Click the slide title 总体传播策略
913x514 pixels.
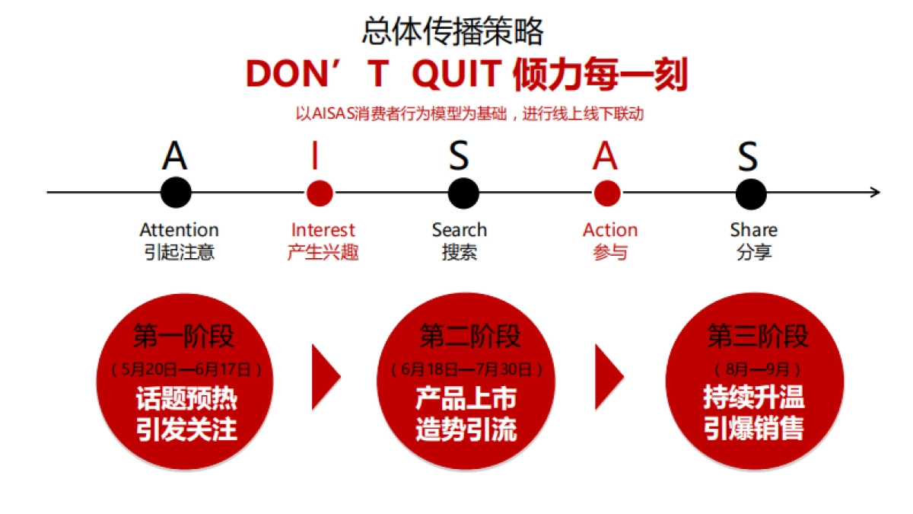click(x=453, y=32)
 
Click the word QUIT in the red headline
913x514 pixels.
click(x=455, y=75)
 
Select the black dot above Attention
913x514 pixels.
click(x=176, y=192)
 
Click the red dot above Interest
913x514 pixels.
click(x=320, y=193)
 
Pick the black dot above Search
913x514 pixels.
click(x=463, y=193)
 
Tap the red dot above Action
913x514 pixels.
click(x=606, y=193)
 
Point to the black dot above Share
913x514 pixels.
click(x=750, y=193)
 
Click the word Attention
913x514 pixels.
click(x=180, y=230)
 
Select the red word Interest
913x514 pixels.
click(x=323, y=230)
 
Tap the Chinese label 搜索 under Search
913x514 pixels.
click(x=460, y=252)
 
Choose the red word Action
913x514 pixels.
click(x=610, y=230)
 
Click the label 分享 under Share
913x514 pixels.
click(x=754, y=252)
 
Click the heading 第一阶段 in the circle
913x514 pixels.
click(x=184, y=336)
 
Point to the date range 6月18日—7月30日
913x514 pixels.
click(x=467, y=370)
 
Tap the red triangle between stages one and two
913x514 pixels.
click(x=325, y=375)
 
